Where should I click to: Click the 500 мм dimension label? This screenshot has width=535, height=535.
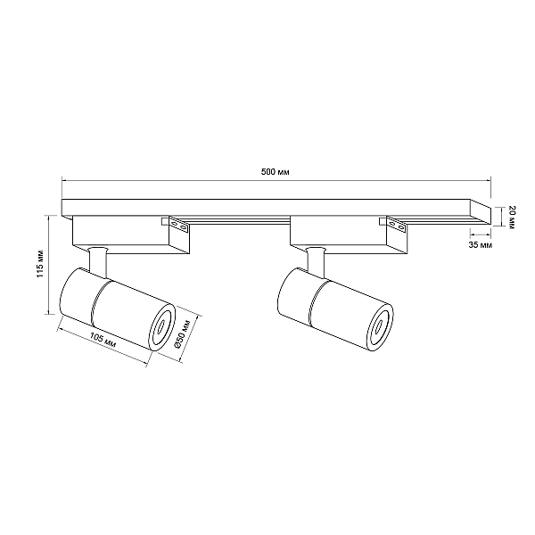tap(275, 171)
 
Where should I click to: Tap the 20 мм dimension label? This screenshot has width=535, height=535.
tap(511, 217)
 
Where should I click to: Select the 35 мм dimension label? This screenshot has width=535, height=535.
tap(481, 244)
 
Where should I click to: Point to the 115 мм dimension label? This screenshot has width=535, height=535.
tap(41, 263)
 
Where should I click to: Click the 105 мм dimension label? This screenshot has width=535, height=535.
tap(103, 340)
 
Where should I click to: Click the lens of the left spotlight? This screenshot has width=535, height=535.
tap(161, 327)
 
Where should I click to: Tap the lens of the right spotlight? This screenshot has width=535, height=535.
tap(380, 327)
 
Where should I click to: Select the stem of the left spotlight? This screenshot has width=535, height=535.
tap(98, 261)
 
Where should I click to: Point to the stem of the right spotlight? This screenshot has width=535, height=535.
tap(316, 261)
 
